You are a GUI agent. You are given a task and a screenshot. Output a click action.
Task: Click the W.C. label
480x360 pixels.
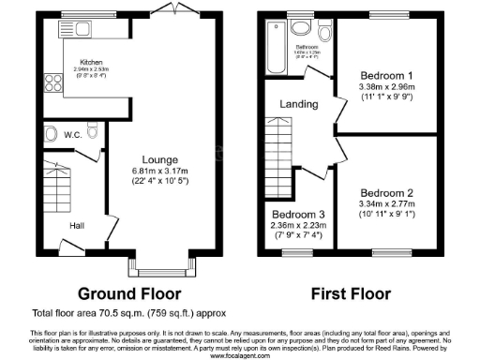75,135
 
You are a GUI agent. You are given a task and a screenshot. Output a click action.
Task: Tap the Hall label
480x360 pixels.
80,225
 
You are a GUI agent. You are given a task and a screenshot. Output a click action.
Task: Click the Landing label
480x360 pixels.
298,105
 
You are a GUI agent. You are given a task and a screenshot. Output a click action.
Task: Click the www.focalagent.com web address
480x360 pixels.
239,356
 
